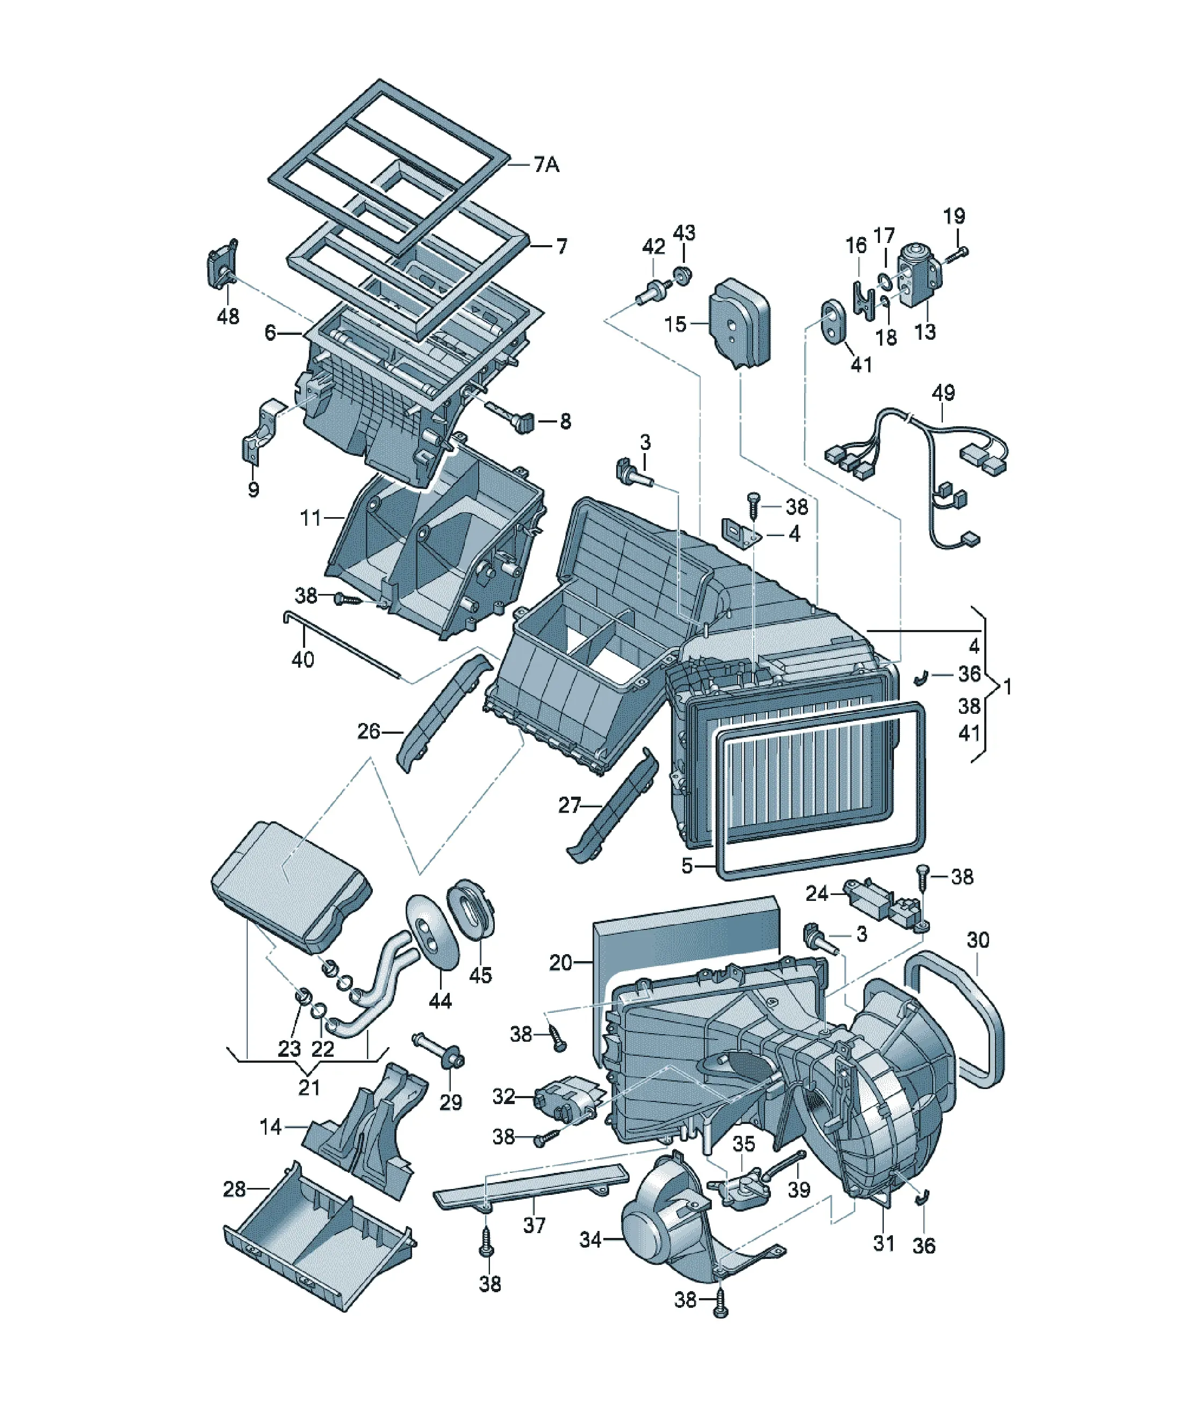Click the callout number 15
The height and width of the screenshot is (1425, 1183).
pyautogui.click(x=676, y=324)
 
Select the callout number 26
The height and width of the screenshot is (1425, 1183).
pyautogui.click(x=369, y=731)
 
